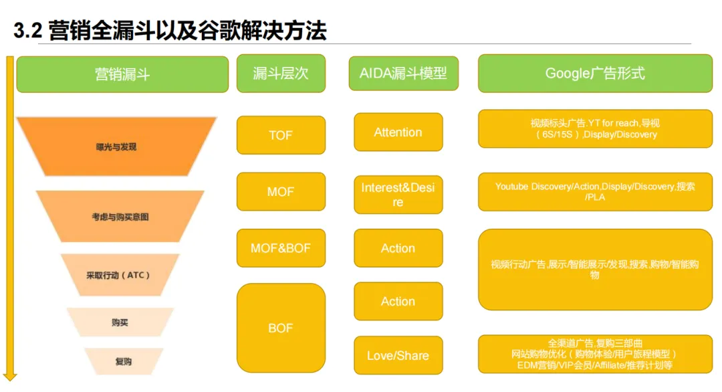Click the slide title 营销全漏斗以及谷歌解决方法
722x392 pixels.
170,31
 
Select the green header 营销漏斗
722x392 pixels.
122,74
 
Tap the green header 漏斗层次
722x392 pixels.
281,74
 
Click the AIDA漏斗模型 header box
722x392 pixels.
403,74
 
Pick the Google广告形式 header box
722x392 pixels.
595,74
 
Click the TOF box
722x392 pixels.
281,135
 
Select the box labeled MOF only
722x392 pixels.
281,192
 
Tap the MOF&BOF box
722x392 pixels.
281,248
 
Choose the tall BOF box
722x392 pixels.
281,328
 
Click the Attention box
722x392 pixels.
398,132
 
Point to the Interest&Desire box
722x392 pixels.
398,195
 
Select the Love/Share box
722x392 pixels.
398,355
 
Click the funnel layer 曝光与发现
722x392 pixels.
116,146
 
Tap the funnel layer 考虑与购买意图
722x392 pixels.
120,217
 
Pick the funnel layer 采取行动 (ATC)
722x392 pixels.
120,275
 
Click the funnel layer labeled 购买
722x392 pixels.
120,322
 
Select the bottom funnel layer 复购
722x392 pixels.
123,361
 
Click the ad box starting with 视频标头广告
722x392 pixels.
595,128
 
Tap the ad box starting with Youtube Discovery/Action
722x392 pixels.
595,192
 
